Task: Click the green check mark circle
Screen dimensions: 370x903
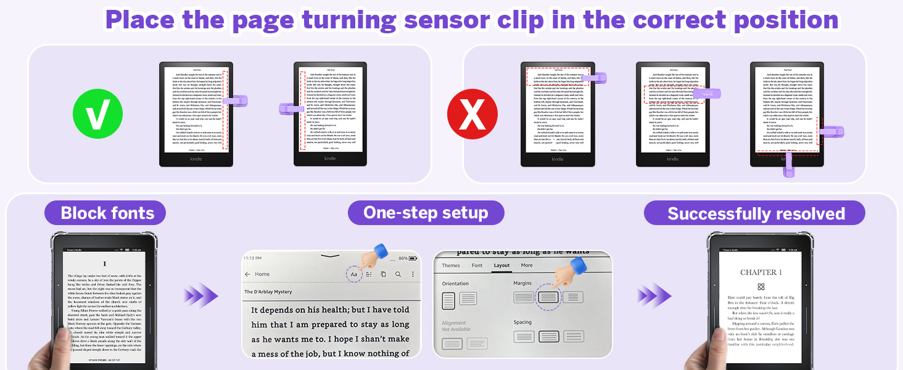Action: point(97,114)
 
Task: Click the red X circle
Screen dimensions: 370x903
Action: point(472,114)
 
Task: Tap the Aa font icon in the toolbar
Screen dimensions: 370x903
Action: point(354,274)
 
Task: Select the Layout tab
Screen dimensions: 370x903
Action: point(501,266)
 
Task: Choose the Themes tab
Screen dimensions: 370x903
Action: point(451,266)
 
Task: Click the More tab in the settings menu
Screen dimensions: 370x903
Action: point(526,266)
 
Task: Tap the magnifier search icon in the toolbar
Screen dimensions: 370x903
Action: point(398,274)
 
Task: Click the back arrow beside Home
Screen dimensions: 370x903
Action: point(248,274)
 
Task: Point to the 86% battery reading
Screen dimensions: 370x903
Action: point(403,258)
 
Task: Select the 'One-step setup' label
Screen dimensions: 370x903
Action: point(426,213)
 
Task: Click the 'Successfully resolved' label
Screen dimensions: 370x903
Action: point(756,214)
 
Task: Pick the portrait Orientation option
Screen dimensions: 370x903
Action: point(449,301)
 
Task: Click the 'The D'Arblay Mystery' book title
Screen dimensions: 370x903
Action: point(268,292)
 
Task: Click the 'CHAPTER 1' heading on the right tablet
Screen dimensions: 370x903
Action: point(761,272)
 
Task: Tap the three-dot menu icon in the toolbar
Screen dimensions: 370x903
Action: point(413,274)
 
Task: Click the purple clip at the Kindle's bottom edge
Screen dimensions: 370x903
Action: point(789,165)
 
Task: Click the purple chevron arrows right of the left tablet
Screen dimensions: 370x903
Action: point(201,295)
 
